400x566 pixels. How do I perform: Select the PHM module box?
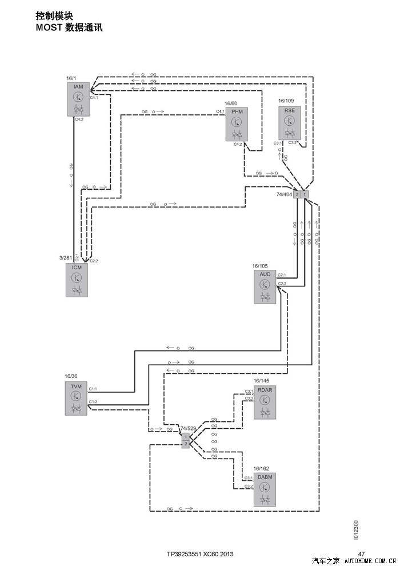coord(237,123)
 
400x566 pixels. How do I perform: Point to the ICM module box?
coord(77,280)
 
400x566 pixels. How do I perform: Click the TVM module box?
coord(76,399)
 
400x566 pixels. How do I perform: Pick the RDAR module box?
coord(265,402)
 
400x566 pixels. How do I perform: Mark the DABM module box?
coord(265,489)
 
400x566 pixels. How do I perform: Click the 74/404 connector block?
coord(301,194)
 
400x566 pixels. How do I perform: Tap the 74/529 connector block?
coord(186,440)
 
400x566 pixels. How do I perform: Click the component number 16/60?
coord(231,103)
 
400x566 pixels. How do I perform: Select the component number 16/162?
coord(261,469)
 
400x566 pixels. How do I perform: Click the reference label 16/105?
coord(260,266)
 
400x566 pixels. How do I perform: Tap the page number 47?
coord(361,554)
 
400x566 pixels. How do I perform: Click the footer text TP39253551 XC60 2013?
coord(200,554)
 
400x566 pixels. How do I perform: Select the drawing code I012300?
coord(356,530)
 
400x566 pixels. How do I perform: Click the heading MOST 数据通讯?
coord(69,27)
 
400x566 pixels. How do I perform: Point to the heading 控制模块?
coord(54,16)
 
